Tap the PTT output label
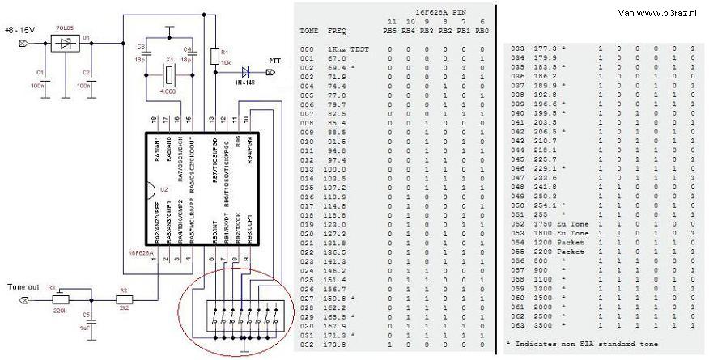tap(275, 60)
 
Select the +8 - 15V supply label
tap(18, 31)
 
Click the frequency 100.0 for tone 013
tap(336, 168)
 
